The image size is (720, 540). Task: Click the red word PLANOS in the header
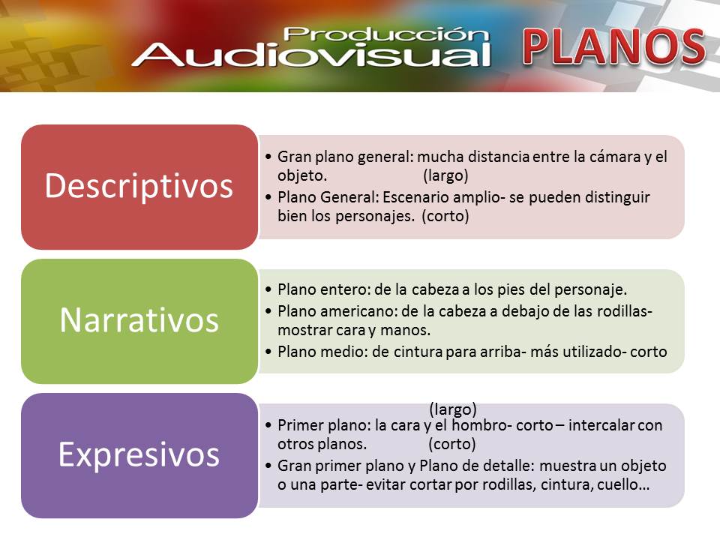click(614, 46)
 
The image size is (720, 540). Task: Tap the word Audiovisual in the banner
click(311, 55)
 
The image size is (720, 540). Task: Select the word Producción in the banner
click(385, 34)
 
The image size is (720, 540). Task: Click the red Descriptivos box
click(139, 187)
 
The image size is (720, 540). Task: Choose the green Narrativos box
click(139, 321)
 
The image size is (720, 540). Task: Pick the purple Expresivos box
click(139, 455)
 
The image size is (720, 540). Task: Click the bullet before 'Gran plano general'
click(268, 157)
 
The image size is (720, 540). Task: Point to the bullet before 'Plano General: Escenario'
click(268, 197)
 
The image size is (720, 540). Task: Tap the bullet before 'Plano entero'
click(268, 289)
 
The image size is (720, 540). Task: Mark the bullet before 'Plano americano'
click(268, 311)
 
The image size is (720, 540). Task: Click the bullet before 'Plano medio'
click(268, 352)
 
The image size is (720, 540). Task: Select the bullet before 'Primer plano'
click(268, 425)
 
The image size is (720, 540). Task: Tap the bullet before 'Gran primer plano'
click(268, 466)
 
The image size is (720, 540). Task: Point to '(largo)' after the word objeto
click(445, 175)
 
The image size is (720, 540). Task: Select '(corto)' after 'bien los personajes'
click(445, 216)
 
